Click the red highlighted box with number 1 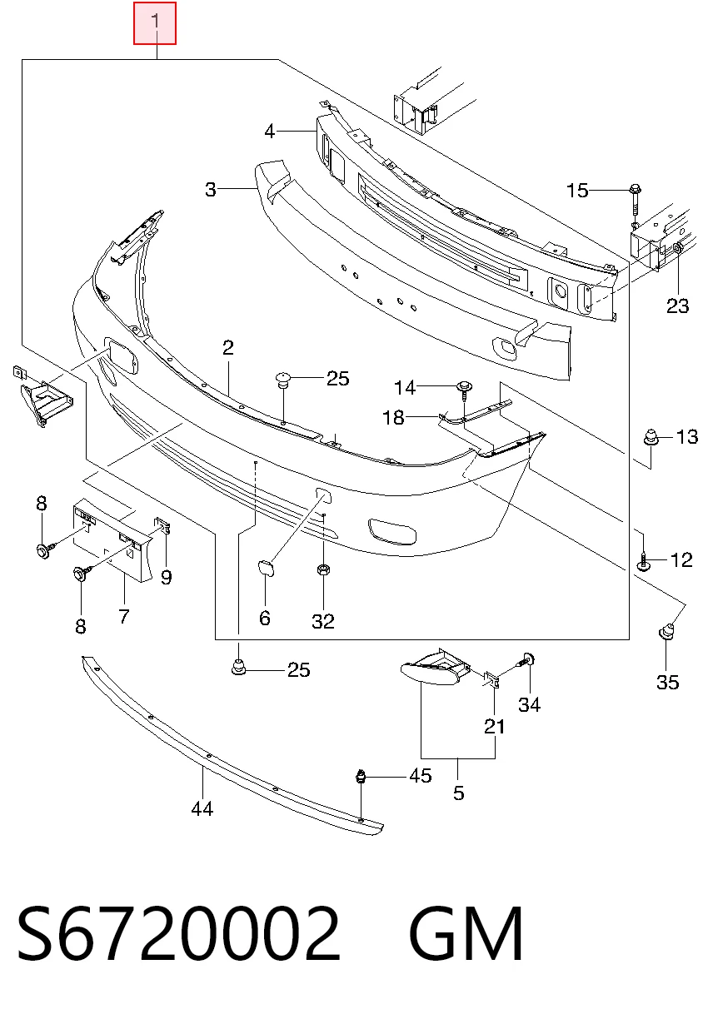[x=155, y=23]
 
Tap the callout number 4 [x=270, y=132]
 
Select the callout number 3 [x=210, y=189]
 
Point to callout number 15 [x=577, y=191]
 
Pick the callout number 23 [x=677, y=306]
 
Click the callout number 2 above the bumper [x=228, y=347]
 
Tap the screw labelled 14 [x=465, y=390]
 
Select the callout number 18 [x=394, y=417]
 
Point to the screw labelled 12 [x=644, y=561]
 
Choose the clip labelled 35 [x=666, y=632]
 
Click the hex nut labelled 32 [x=322, y=569]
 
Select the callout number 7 [x=124, y=616]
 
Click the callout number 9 [x=167, y=577]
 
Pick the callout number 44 [x=202, y=809]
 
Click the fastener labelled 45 [x=361, y=776]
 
